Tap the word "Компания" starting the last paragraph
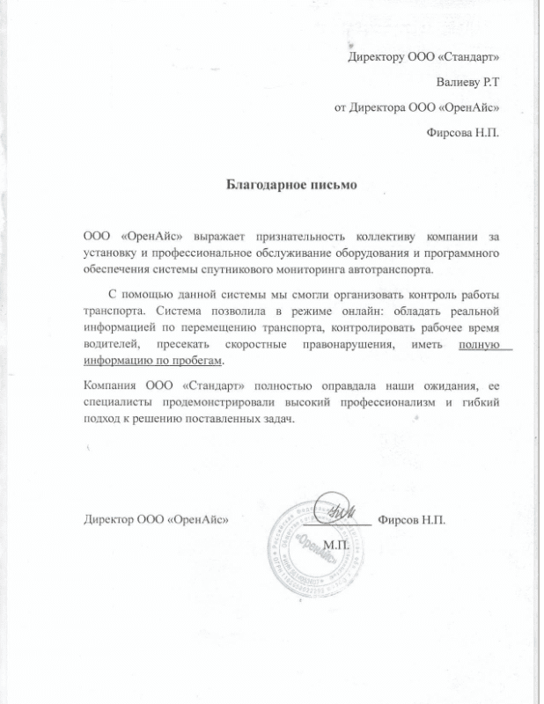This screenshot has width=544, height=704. [114, 386]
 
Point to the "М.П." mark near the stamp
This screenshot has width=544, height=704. [336, 546]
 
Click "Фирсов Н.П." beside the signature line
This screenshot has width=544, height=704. [412, 520]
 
